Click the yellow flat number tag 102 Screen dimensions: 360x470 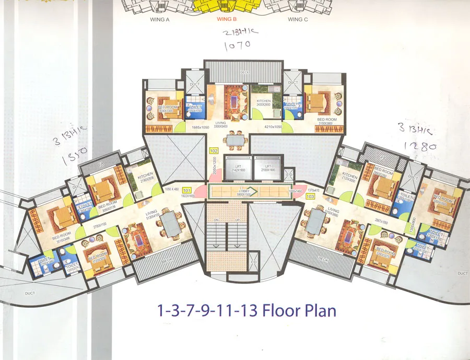click(213, 151)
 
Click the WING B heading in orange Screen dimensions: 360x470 click(227, 19)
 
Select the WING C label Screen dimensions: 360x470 click(298, 19)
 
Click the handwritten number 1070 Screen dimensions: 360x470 click(237, 45)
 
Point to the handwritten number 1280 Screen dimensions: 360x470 click(420, 147)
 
